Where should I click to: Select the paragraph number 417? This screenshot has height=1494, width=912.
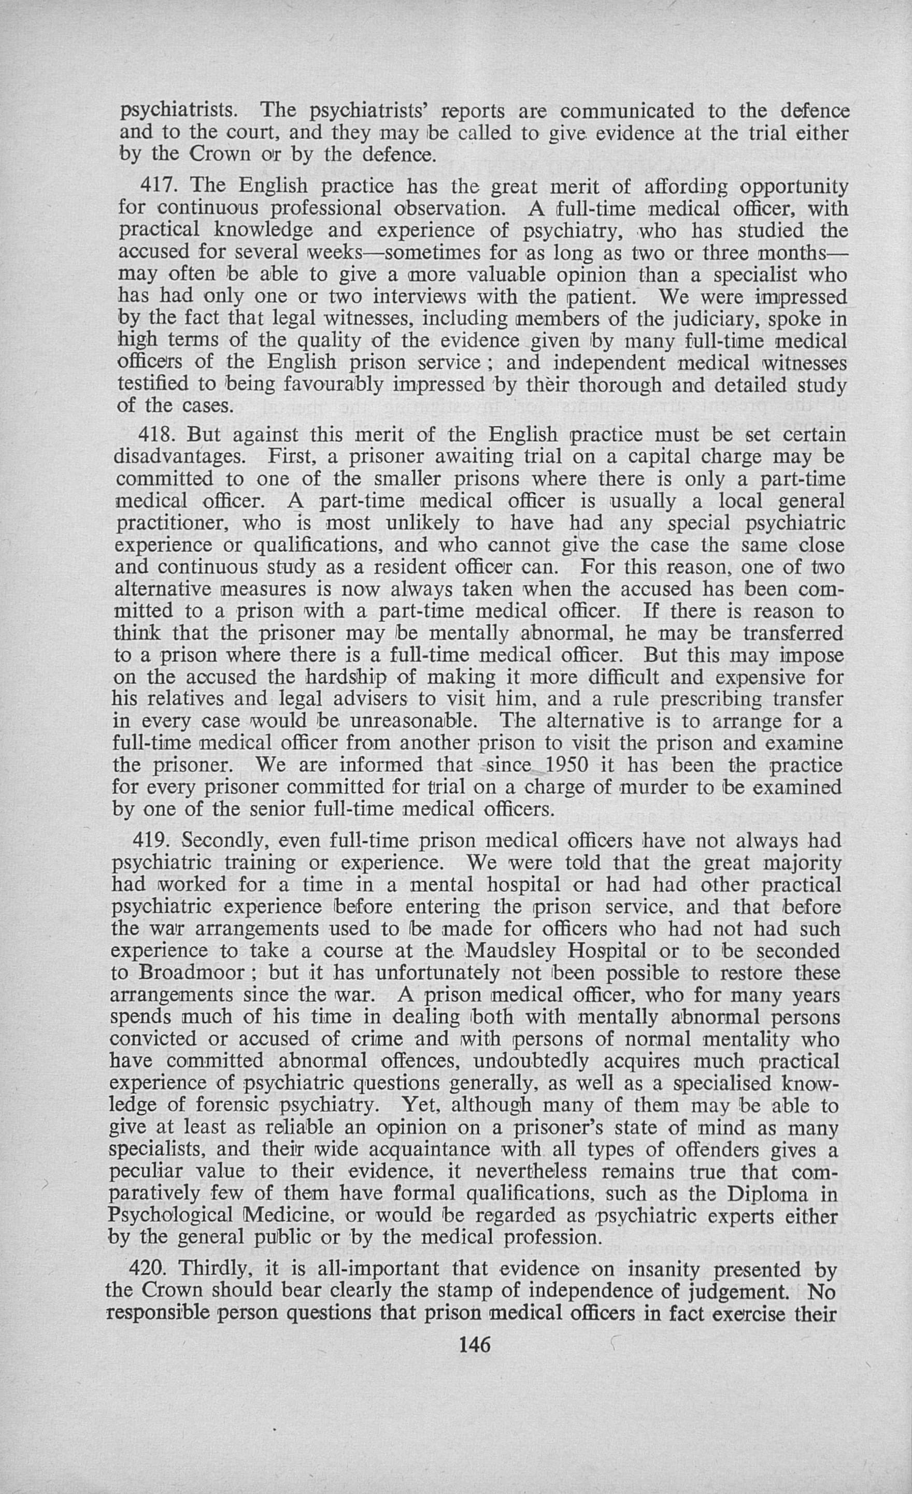(x=159, y=185)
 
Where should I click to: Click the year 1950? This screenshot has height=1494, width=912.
(x=567, y=765)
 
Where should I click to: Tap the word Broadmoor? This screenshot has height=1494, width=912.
(x=192, y=972)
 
